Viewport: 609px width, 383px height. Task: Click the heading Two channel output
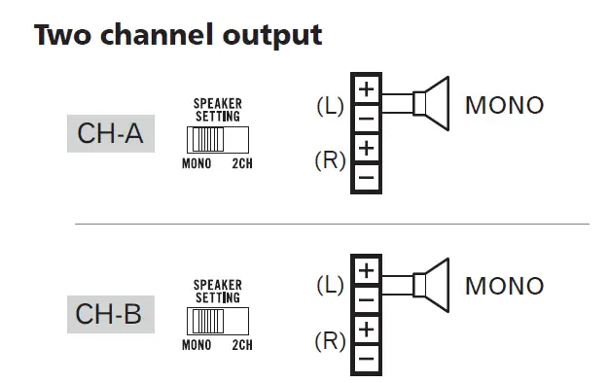[x=178, y=35]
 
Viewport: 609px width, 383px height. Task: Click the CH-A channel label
[x=110, y=133]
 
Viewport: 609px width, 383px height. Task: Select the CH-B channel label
[x=110, y=314]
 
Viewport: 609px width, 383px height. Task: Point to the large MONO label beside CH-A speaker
[x=504, y=105]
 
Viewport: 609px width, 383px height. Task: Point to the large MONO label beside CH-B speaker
[x=504, y=286]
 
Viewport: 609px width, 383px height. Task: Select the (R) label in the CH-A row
[x=331, y=160]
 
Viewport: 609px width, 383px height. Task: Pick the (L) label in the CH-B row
[x=331, y=286]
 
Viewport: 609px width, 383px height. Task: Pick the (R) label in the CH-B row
[x=331, y=341]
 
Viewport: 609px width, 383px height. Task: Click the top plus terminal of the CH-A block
[x=366, y=89]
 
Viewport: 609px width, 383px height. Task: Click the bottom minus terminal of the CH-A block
[x=366, y=178]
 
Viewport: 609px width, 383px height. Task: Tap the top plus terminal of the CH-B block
[x=366, y=270]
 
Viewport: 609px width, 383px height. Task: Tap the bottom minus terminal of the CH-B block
[x=366, y=360]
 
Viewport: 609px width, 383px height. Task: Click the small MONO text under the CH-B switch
[x=197, y=345]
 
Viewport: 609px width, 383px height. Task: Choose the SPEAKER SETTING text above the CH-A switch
[x=217, y=108]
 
